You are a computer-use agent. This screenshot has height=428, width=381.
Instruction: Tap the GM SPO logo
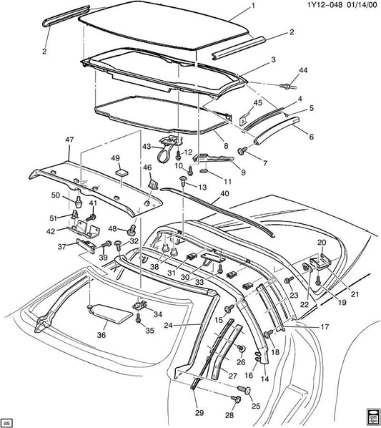tap(372, 417)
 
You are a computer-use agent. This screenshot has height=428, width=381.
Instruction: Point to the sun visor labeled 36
tap(107, 312)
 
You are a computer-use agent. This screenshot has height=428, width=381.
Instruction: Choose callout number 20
tap(321, 242)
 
